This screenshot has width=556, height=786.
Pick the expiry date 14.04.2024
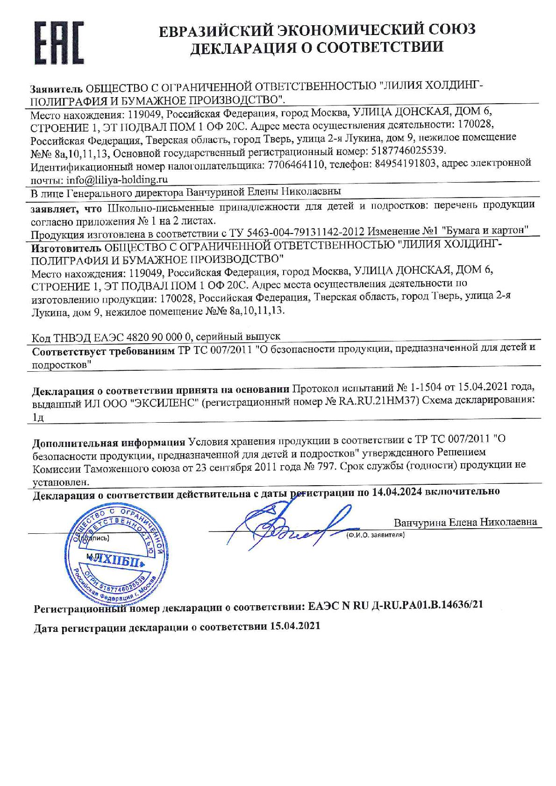[x=397, y=491]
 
